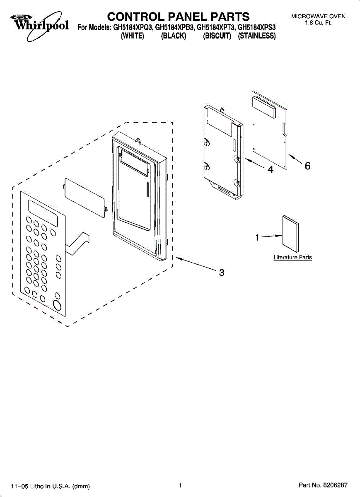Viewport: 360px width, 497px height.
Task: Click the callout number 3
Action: (222, 273)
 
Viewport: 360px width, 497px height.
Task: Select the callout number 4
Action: (270, 169)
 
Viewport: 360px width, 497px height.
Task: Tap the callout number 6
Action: (307, 166)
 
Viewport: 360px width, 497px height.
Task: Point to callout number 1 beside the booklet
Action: (257, 237)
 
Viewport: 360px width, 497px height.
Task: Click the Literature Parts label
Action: (292, 258)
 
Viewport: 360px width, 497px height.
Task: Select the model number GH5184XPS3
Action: (257, 28)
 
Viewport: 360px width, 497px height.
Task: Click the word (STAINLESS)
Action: (257, 36)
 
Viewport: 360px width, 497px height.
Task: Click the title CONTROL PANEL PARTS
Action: (178, 17)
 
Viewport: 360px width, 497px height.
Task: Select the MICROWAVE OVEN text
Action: (318, 17)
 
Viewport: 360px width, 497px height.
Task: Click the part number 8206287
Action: (335, 485)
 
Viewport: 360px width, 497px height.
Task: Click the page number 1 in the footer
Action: (180, 485)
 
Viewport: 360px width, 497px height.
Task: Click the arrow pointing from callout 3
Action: (197, 265)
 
